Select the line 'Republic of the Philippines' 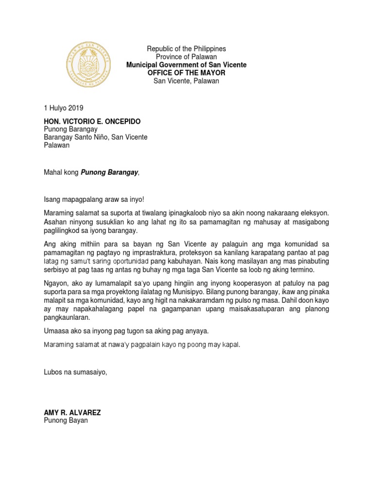coord(186,49)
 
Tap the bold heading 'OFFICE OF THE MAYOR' coord(186,73)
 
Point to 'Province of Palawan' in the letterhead coord(186,57)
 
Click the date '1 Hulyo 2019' coord(64,109)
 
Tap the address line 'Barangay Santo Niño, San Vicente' coord(96,137)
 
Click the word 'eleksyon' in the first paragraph coord(314,214)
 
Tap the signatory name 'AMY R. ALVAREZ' coord(72,413)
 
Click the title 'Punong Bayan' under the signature coord(66,421)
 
